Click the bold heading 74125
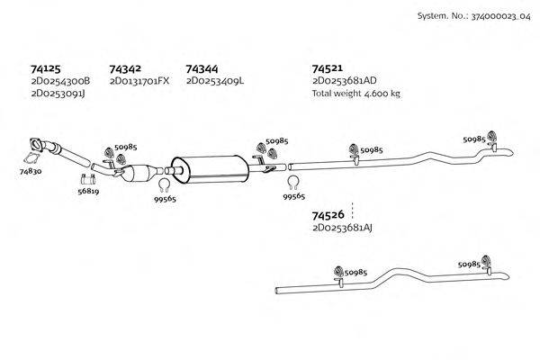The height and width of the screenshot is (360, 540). [x=46, y=68]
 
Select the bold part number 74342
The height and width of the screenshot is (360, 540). [x=125, y=68]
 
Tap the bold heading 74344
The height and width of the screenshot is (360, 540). [x=202, y=68]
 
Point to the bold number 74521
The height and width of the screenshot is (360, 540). [x=328, y=68]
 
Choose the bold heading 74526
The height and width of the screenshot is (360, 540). [x=328, y=215]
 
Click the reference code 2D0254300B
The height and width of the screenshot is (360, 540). [x=59, y=81]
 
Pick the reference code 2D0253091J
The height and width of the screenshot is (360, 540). [x=58, y=93]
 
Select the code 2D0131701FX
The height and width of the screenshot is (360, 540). [x=139, y=81]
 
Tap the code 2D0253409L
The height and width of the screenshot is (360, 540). [x=215, y=81]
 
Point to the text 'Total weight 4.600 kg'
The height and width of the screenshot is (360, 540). [x=355, y=93]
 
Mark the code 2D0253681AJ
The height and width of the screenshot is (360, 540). [x=342, y=229]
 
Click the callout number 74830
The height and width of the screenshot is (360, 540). [x=31, y=169]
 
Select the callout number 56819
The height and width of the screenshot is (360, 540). [x=88, y=192]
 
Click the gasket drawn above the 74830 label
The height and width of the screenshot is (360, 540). [x=38, y=146]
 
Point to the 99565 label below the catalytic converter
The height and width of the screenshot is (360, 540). [x=165, y=199]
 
